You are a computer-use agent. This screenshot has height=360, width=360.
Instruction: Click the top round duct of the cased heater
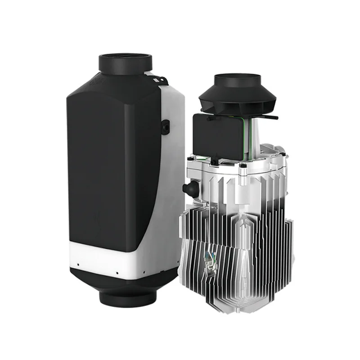coord(126,63)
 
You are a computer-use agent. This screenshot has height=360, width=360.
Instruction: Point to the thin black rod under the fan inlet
coord(265,118)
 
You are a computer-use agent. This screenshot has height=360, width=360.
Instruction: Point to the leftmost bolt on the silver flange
coord(192,157)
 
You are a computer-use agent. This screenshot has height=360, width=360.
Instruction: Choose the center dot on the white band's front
coord(117,272)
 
